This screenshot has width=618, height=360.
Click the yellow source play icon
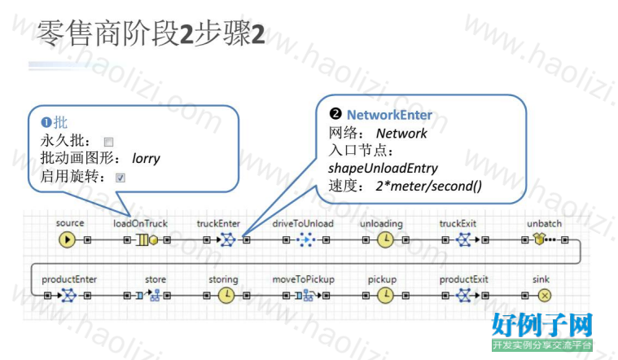point(67,239)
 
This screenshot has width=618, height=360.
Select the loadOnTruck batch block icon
point(147,239)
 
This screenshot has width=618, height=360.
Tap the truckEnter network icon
point(227,239)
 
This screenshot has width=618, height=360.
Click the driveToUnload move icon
point(306,239)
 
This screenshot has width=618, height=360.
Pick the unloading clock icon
point(385,239)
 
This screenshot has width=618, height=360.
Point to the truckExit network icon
point(463,239)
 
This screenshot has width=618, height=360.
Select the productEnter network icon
point(69,296)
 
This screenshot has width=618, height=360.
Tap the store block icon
point(148,295)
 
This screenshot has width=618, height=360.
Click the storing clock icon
point(226,296)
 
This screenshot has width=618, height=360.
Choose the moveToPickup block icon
point(306,295)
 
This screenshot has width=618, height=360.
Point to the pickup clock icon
point(385,296)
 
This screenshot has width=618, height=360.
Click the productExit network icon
point(463,296)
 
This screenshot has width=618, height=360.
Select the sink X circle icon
point(545,296)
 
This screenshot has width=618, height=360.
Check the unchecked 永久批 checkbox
point(108,142)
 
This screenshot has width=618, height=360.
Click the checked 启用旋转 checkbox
point(121,178)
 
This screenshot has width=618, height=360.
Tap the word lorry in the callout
point(146,159)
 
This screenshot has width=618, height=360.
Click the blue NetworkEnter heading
point(389,115)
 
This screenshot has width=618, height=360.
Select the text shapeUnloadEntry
point(384,169)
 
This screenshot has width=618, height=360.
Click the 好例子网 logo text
point(542,325)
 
